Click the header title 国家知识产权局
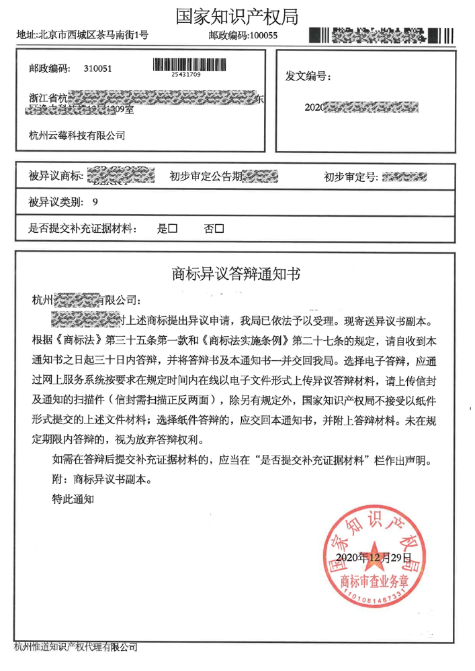click(x=237, y=16)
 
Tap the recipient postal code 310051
click(x=99, y=69)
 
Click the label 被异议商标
click(x=56, y=177)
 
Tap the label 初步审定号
click(x=351, y=177)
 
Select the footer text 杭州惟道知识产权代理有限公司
click(x=76, y=648)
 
